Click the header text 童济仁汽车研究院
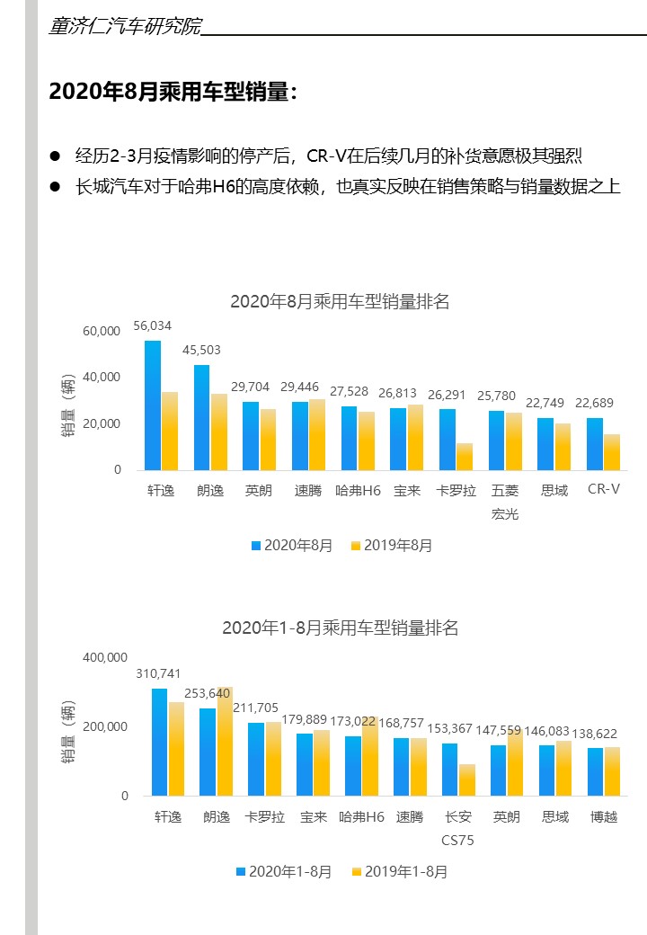coord(125,26)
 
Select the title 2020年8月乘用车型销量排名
coord(339,301)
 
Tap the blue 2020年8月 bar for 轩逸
coord(153,405)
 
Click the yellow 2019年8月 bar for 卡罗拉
coord(464,457)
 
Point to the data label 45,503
coord(201,350)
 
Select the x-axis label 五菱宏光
coord(505,502)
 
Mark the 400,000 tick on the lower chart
coord(105,657)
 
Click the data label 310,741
coord(158,673)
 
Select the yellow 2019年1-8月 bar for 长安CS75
coord(466,780)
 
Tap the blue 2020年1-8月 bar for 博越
coord(595,771)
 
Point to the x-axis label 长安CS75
coord(457,828)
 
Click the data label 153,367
coord(449,728)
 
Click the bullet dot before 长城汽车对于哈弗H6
coord(55,187)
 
